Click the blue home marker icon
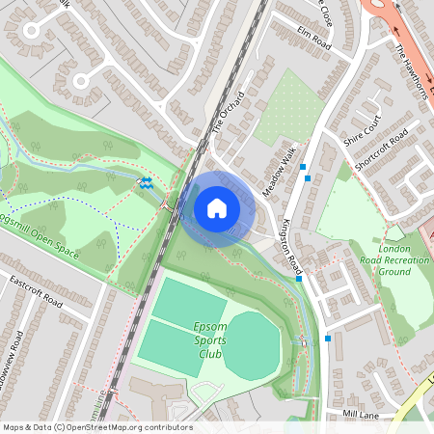pos(217,207)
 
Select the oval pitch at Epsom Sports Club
pos(253,345)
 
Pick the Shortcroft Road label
pos(381,150)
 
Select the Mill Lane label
pos(362,414)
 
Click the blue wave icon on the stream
pos(146,181)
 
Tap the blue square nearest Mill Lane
pos(329,338)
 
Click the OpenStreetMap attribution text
pos(96,427)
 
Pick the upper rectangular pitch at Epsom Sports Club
pos(188,301)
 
